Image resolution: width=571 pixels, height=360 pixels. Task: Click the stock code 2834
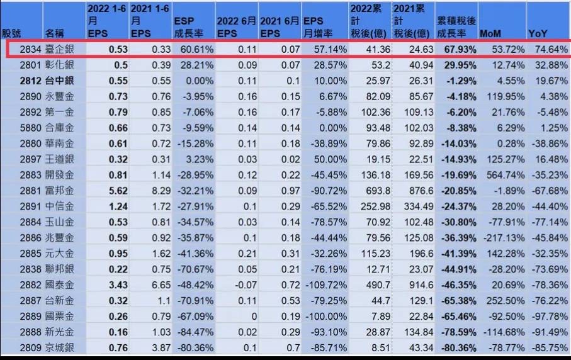click(x=30, y=49)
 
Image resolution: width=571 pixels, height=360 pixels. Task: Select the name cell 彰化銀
click(x=60, y=65)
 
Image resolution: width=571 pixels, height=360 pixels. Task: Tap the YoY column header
click(x=538, y=33)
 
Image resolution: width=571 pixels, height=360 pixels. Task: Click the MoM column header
click(x=490, y=33)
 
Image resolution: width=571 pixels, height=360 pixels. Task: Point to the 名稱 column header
click(x=55, y=33)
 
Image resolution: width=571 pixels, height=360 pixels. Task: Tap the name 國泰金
click(x=60, y=284)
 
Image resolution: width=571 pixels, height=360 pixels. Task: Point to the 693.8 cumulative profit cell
click(x=373, y=190)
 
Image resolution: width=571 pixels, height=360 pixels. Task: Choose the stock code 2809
click(x=30, y=347)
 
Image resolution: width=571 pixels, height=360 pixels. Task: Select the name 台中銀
click(x=60, y=81)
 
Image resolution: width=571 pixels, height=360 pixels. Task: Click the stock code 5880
click(x=30, y=128)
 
